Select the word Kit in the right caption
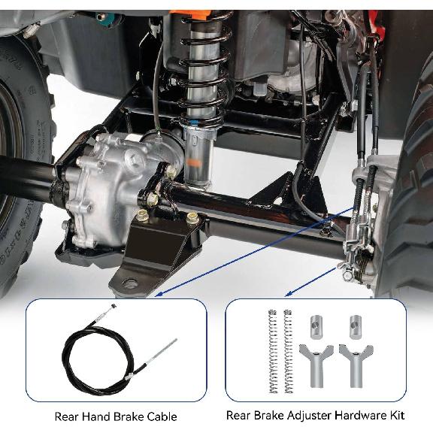click(396, 415)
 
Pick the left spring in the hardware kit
click(273, 350)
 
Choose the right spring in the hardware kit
click(287, 350)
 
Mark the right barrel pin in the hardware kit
click(355, 327)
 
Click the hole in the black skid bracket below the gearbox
click(130, 283)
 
